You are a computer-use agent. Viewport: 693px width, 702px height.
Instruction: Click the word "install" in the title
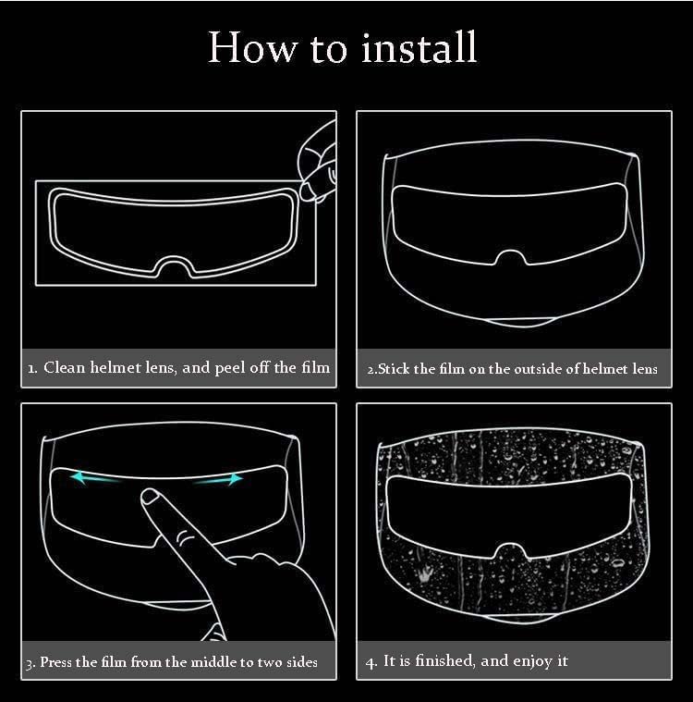pyautogui.click(x=419, y=47)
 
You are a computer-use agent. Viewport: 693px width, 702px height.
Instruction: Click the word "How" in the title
pyautogui.click(x=252, y=47)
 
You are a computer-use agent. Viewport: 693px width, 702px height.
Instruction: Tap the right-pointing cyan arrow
pyautogui.click(x=218, y=480)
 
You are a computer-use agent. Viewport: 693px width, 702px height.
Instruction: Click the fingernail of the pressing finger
pyautogui.click(x=150, y=495)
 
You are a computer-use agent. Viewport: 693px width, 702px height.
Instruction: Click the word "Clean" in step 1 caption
pyautogui.click(x=64, y=367)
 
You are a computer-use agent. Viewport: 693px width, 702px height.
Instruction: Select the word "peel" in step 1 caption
pyautogui.click(x=229, y=368)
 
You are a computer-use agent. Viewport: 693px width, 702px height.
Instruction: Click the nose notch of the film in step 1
pyautogui.click(x=175, y=265)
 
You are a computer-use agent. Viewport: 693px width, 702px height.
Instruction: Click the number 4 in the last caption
pyautogui.click(x=371, y=662)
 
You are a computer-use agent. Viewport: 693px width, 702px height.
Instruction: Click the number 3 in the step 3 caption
pyautogui.click(x=30, y=664)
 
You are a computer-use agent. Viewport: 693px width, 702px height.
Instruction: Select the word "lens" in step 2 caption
pyautogui.click(x=645, y=369)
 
